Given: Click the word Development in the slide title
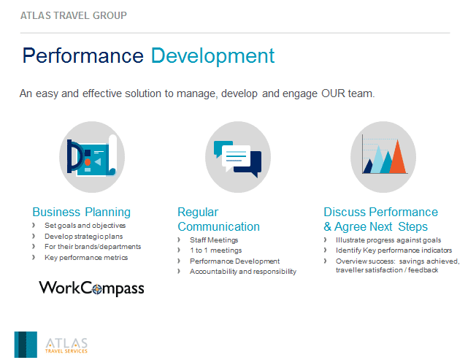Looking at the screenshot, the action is [x=212, y=55].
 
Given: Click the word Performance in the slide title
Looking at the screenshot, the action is [x=83, y=55].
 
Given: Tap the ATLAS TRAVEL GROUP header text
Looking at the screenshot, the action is [x=74, y=15].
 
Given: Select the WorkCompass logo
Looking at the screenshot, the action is [x=91, y=288].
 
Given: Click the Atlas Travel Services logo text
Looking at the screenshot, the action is [x=66, y=345].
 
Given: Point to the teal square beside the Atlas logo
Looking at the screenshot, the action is [x=26, y=345].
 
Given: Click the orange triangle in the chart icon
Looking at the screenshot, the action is [x=397, y=156].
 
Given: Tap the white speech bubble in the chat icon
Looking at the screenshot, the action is [x=237, y=157].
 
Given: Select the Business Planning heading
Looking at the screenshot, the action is [x=81, y=212].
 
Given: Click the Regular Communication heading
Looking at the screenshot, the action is [x=218, y=219].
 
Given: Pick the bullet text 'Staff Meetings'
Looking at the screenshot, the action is [x=214, y=240].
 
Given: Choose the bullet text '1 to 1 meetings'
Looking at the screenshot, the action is [x=216, y=250].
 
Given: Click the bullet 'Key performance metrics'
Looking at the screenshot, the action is [x=86, y=258].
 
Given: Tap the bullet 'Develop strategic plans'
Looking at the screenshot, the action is [x=84, y=237].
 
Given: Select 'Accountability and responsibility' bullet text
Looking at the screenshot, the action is [x=243, y=272].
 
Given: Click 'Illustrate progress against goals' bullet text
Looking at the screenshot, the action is [x=388, y=240].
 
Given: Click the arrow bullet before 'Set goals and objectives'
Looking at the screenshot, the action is [x=34, y=225].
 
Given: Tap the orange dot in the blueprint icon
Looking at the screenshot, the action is [x=88, y=162].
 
